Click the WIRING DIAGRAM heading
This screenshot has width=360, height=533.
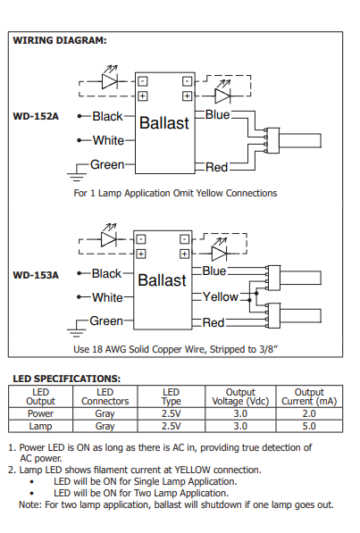[60, 41]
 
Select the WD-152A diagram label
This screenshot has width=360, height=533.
[36, 117]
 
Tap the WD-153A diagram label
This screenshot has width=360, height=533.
[36, 275]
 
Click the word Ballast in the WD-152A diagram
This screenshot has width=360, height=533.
[163, 122]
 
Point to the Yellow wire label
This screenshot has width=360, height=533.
[221, 296]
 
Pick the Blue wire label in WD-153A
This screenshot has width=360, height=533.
[214, 271]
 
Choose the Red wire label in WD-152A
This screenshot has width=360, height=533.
[217, 167]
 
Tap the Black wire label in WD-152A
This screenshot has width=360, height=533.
[107, 117]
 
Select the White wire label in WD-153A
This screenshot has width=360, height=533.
[108, 297]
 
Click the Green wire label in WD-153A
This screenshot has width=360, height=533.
[106, 321]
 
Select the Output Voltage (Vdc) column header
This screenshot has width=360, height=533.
[239, 396]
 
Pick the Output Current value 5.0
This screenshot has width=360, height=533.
[309, 427]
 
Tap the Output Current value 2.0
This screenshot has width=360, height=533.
[309, 413]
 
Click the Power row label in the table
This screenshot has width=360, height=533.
[41, 413]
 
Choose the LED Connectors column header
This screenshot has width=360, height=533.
[105, 396]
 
